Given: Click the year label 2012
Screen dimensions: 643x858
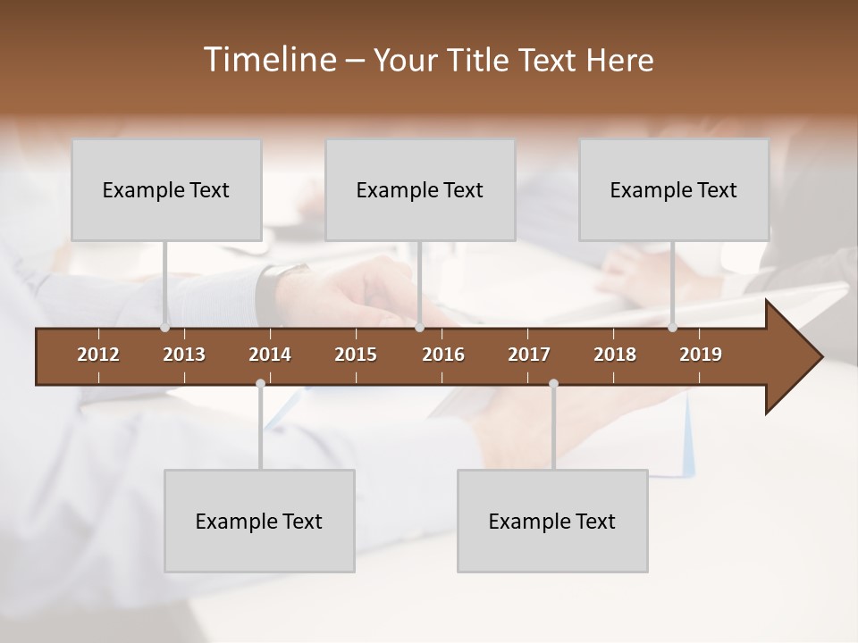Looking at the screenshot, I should coord(98,355).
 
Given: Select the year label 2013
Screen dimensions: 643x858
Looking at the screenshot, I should coord(184,355).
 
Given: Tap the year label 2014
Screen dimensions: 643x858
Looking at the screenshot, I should coord(270,355).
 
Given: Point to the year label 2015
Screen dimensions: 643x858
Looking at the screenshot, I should coord(356,355).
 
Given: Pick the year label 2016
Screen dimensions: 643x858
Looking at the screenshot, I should coord(443,355).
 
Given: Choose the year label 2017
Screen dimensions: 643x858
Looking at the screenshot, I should coord(529,355).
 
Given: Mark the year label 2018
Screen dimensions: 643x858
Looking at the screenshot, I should coord(615,355).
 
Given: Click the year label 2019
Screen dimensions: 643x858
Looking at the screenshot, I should coord(701,355).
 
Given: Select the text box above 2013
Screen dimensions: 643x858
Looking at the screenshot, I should coord(166,189).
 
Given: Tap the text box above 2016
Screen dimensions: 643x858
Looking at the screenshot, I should coord(420,189).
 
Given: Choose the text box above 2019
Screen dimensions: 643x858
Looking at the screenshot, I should coord(674,189).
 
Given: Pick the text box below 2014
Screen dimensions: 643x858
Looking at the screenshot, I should coord(259,521).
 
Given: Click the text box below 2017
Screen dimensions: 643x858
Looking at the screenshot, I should coord(552,521).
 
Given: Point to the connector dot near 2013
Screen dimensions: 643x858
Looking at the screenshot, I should coord(165,327).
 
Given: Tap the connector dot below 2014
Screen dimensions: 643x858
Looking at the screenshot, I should coord(260,384).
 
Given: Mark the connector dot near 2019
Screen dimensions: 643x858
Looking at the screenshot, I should coord(673,327).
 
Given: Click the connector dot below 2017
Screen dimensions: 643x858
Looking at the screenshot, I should coord(553,384).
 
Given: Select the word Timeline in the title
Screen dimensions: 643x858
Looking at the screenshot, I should coord(269,60).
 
